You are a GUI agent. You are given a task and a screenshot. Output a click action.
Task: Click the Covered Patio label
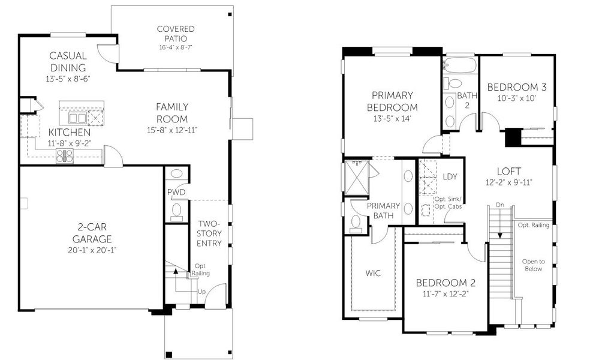[175, 33]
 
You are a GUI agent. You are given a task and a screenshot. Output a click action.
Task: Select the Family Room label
[172, 112]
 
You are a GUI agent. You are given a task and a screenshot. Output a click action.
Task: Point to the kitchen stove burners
[65, 156]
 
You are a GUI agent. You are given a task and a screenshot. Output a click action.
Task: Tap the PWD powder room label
[176, 192]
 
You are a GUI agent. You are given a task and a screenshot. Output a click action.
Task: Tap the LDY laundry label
[449, 177]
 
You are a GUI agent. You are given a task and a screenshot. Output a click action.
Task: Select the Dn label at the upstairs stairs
[499, 205]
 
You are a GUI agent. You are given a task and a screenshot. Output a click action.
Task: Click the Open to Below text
[533, 265]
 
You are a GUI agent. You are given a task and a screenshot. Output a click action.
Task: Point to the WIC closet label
[373, 273]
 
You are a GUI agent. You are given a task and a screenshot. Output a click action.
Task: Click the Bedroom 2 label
[445, 283]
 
